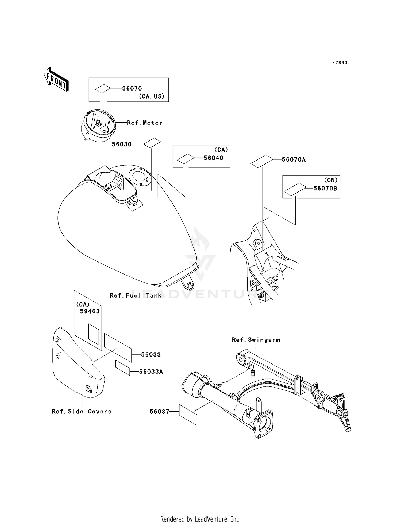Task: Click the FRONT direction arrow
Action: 56,79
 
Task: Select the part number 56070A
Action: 294,160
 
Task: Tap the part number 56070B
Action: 325,189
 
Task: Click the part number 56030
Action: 122,144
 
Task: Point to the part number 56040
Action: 213,158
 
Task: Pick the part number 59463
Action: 90,311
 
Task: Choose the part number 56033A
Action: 151,372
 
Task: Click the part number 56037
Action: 159,412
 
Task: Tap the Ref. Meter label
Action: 145,123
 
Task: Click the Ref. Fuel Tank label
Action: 136,295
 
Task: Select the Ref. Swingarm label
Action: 256,340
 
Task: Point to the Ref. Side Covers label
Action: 82,412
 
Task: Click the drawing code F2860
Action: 340,63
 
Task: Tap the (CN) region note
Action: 331,180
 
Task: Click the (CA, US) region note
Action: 151,96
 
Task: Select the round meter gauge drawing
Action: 99,125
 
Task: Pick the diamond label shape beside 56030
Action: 152,143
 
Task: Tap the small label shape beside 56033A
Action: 123,368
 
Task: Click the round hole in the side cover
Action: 88,389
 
